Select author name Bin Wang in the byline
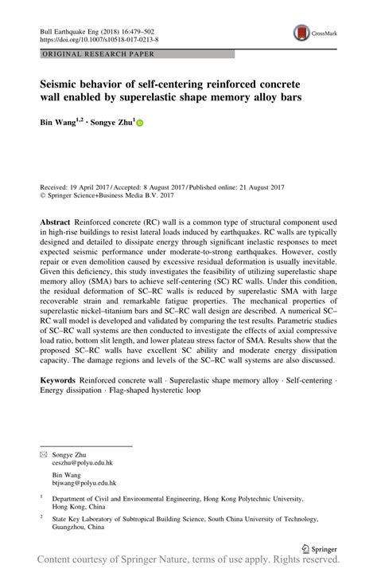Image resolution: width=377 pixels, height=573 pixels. coord(61,123)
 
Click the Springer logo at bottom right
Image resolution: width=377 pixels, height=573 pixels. coord(321,549)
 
